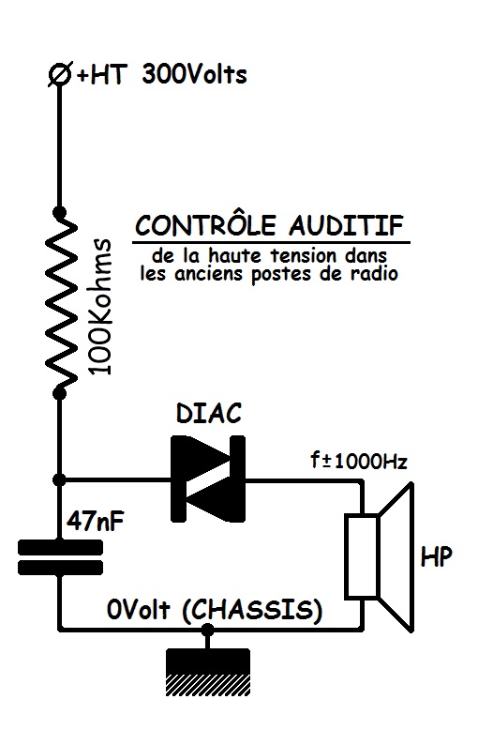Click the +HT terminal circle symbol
[x=60, y=75]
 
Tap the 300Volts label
[x=195, y=75]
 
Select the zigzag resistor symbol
[x=61, y=303]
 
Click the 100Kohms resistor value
[x=101, y=307]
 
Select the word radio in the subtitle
[x=374, y=274]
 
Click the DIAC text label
[x=209, y=414]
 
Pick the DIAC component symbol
[x=208, y=479]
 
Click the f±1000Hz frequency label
[x=359, y=461]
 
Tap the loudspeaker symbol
[x=379, y=556]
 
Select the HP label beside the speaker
[x=437, y=556]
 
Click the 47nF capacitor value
[x=96, y=522]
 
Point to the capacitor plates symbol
[x=60, y=557]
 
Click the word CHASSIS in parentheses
[x=252, y=610]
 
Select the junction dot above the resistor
[x=59, y=212]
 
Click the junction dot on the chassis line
[x=207, y=630]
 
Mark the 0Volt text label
[x=138, y=610]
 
